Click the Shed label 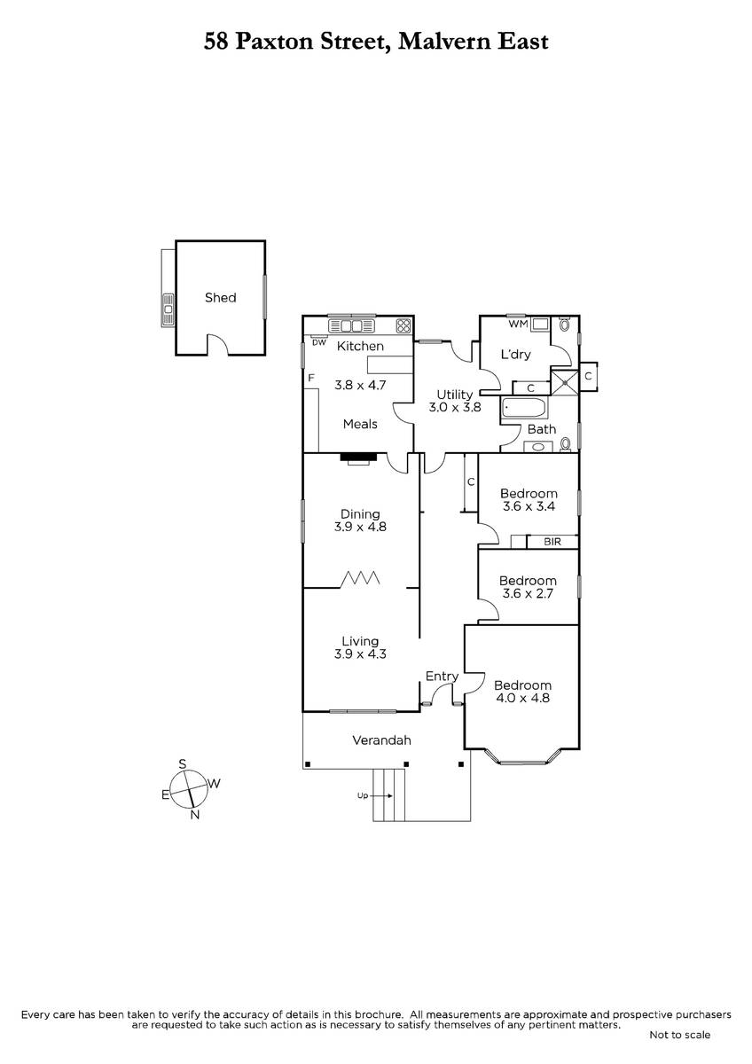[221, 298]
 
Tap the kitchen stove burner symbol [403, 325]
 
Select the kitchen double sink [351, 326]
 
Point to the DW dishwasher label [318, 342]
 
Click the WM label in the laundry [518, 324]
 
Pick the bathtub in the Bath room [524, 407]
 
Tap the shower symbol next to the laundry [564, 382]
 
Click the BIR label [552, 542]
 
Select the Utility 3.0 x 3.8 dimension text [455, 407]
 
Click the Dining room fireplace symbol [358, 458]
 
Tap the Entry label [442, 677]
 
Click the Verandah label [381, 740]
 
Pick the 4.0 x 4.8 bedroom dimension [522, 698]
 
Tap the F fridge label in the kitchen [311, 378]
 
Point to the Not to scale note [680, 1035]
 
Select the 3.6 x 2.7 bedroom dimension [528, 593]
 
